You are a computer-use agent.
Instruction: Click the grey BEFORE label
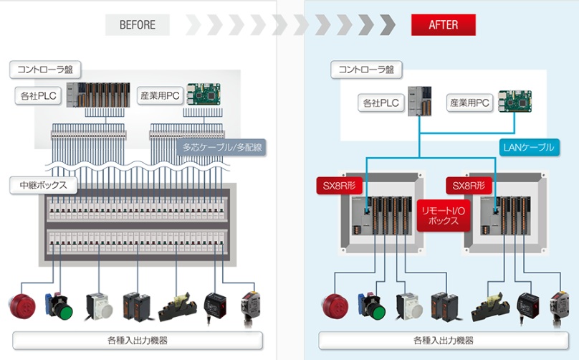tap(138, 25)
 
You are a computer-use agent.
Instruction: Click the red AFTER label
tap(443, 25)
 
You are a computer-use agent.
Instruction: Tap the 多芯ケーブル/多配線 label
tap(221, 148)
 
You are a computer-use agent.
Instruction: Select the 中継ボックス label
tap(44, 185)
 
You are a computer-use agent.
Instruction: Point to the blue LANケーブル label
tap(528, 148)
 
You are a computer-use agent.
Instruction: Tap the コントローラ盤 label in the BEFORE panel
tap(45, 70)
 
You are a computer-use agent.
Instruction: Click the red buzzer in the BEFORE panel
tap(19, 305)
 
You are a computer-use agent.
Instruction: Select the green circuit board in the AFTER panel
tap(517, 100)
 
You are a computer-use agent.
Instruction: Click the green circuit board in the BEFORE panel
tap(205, 95)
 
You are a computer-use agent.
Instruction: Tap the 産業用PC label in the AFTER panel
tap(469, 103)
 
